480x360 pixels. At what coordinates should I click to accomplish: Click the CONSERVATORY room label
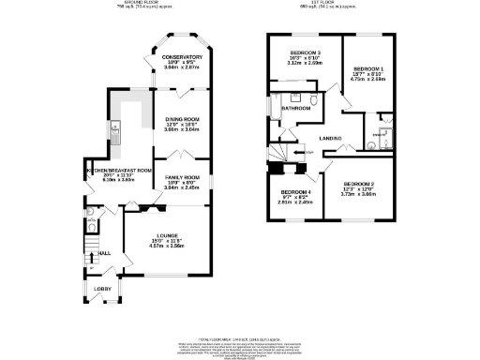pos(183,57)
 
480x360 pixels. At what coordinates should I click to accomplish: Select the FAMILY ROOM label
pos(183,177)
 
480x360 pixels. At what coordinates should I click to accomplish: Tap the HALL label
pos(105,252)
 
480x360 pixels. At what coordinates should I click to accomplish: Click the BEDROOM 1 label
pos(369,69)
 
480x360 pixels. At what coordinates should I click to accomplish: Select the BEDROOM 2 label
pos(359,184)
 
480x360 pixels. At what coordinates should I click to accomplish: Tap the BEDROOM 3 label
pos(306,52)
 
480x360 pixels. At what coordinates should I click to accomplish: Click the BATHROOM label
pos(297,108)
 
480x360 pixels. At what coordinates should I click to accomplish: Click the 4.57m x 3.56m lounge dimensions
pos(169,245)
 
